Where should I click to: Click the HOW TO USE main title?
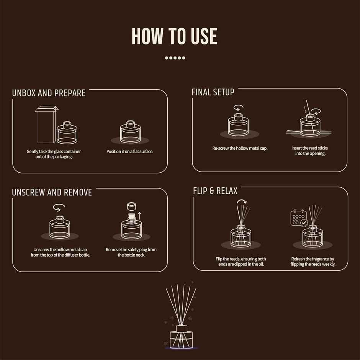coord(175,36)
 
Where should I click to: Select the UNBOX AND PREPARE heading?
coord(49,93)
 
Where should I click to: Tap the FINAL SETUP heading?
coord(213,92)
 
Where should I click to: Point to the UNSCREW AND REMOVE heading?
coord(52,192)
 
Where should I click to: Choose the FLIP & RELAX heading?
coord(215,191)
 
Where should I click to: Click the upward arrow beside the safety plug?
coord(139,216)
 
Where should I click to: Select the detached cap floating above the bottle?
coord(132,206)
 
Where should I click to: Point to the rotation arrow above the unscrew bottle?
coord(59,207)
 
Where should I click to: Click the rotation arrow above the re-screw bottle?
coord(238,108)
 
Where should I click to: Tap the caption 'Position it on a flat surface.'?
coord(130,152)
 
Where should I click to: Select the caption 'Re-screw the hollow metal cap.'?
coord(240,148)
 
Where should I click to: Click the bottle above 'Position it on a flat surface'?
coord(130,132)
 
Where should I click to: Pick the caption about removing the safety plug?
coord(131,252)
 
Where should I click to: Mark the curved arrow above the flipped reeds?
coord(242,201)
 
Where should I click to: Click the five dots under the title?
coord(175,58)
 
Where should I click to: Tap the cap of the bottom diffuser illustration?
coord(182,329)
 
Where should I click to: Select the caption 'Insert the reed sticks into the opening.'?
coord(310,151)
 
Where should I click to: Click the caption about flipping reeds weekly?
coord(313,262)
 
